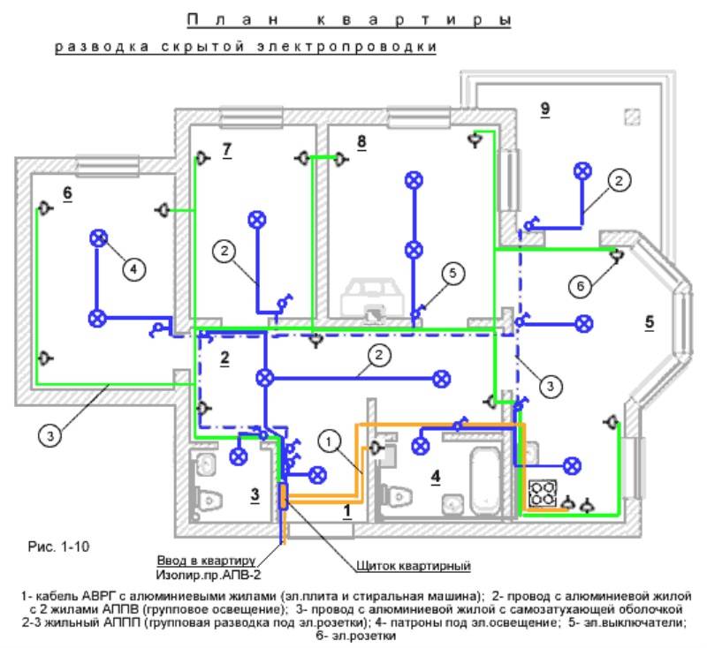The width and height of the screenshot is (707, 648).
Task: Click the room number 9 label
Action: click(545, 109)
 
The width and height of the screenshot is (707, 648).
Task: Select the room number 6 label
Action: click(67, 192)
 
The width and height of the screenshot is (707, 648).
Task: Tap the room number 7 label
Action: click(227, 149)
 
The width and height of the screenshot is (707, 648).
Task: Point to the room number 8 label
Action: click(361, 141)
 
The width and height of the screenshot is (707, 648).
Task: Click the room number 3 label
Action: click(255, 494)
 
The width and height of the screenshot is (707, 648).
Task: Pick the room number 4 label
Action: click(435, 476)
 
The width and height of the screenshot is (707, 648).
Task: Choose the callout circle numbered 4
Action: click(133, 269)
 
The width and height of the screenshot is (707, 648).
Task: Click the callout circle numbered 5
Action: click(452, 273)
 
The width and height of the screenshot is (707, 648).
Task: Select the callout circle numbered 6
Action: click(581, 286)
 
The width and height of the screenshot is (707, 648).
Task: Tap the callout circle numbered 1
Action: click(329, 441)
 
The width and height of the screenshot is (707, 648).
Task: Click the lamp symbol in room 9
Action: click(582, 171)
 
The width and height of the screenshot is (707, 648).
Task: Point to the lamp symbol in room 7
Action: click(257, 220)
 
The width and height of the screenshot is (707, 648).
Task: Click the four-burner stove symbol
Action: click(543, 494)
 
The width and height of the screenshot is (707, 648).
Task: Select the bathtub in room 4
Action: click(485, 482)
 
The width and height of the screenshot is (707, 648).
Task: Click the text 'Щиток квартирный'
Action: click(414, 566)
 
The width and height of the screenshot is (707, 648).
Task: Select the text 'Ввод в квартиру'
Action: click(206, 561)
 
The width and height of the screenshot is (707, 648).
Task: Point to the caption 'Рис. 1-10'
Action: click(58, 546)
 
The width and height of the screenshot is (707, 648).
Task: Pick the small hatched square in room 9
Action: click(632, 117)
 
